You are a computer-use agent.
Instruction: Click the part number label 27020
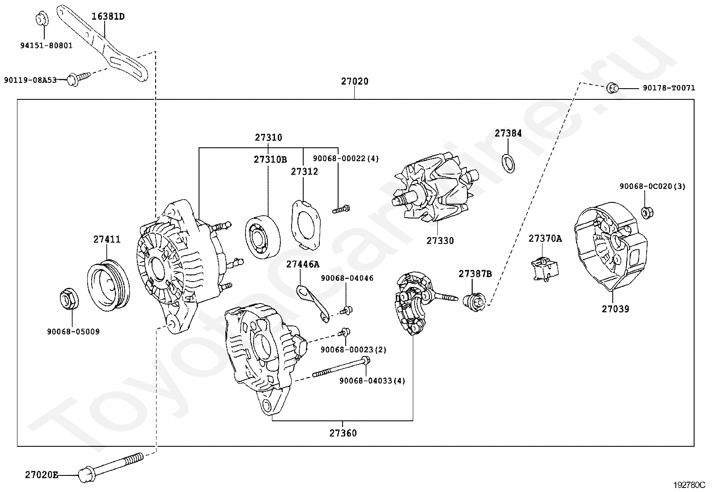pyautogui.click(x=354, y=81)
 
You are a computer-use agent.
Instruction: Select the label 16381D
pyautogui.click(x=108, y=16)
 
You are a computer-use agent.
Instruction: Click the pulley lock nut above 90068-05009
pyautogui.click(x=69, y=298)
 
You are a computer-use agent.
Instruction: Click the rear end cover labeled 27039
pyautogui.click(x=610, y=247)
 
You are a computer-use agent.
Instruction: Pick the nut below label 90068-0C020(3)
pyautogui.click(x=647, y=212)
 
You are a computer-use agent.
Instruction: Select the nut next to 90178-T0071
pyautogui.click(x=612, y=88)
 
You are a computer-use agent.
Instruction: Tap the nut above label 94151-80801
pyautogui.click(x=42, y=19)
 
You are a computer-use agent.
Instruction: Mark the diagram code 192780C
pyautogui.click(x=689, y=485)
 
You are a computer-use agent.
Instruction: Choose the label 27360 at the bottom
pyautogui.click(x=343, y=433)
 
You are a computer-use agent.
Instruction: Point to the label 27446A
pyautogui.click(x=303, y=265)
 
